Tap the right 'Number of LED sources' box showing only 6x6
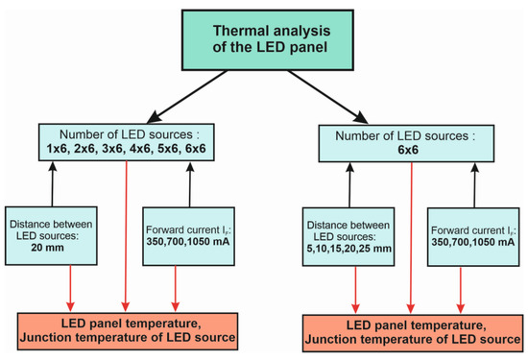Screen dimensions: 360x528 pos(411,143)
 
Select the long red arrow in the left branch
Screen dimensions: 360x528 pos(127,230)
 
